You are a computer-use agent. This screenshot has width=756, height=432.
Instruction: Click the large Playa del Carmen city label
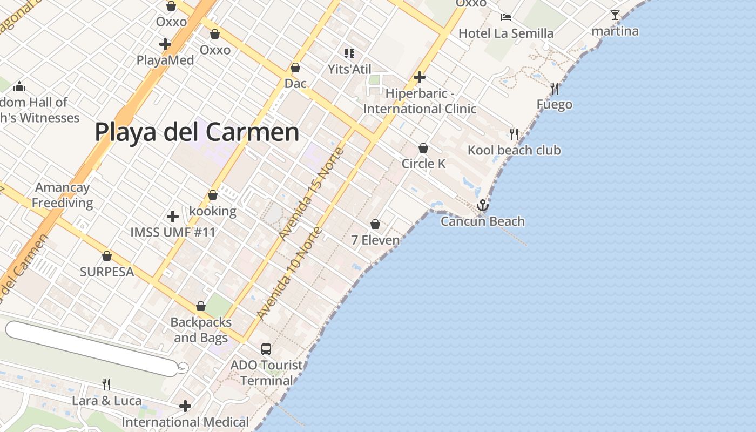197,132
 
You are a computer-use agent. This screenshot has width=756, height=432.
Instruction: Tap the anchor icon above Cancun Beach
482,205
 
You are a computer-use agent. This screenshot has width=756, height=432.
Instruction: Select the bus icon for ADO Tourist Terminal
266,349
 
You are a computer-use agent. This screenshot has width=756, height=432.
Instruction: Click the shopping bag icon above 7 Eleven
375,224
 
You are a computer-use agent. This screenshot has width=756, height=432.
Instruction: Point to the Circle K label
423,164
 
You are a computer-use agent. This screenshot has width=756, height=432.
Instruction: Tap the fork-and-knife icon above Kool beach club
514,134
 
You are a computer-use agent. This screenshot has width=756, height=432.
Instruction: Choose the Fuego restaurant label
555,104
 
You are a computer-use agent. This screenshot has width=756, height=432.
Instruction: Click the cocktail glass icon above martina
615,15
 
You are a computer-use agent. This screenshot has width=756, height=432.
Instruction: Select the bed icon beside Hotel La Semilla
506,17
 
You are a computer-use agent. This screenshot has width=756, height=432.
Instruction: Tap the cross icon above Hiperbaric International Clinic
420,77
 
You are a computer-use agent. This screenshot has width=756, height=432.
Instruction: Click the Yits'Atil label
350,69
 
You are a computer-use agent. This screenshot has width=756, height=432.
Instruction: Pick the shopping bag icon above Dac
295,68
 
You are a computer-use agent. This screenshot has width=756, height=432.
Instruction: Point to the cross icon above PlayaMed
165,44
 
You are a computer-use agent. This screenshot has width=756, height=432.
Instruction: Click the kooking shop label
213,211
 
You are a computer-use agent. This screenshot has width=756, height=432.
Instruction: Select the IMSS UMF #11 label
173,233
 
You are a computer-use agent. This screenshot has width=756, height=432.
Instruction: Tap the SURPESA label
107,272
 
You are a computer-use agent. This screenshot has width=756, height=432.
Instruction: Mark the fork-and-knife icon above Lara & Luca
106,384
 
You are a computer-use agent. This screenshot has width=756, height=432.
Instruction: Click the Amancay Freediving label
63,195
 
